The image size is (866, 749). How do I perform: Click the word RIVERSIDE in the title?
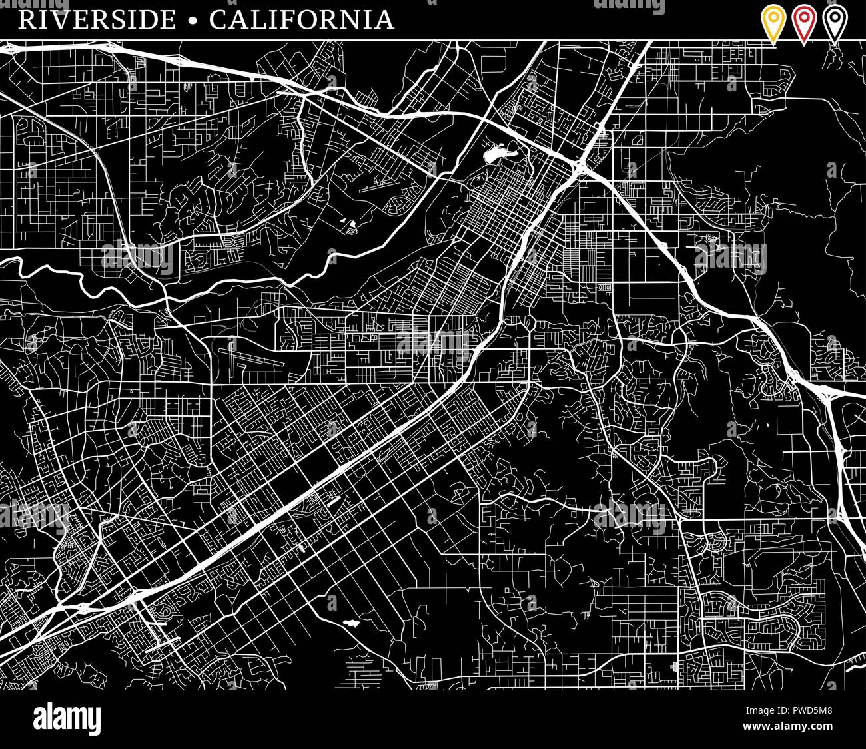[x=97, y=19]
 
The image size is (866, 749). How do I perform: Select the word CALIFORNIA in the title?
[x=302, y=19]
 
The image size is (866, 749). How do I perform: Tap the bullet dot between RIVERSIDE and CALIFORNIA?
[x=193, y=21]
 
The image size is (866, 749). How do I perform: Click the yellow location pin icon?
[x=773, y=24]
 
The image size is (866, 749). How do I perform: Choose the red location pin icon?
[x=804, y=24]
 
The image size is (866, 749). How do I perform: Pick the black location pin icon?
[x=835, y=24]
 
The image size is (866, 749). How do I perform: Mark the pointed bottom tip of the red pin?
[x=804, y=44]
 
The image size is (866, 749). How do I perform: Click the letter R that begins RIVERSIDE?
[x=26, y=19]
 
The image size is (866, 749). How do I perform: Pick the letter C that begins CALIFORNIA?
[x=218, y=19]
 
